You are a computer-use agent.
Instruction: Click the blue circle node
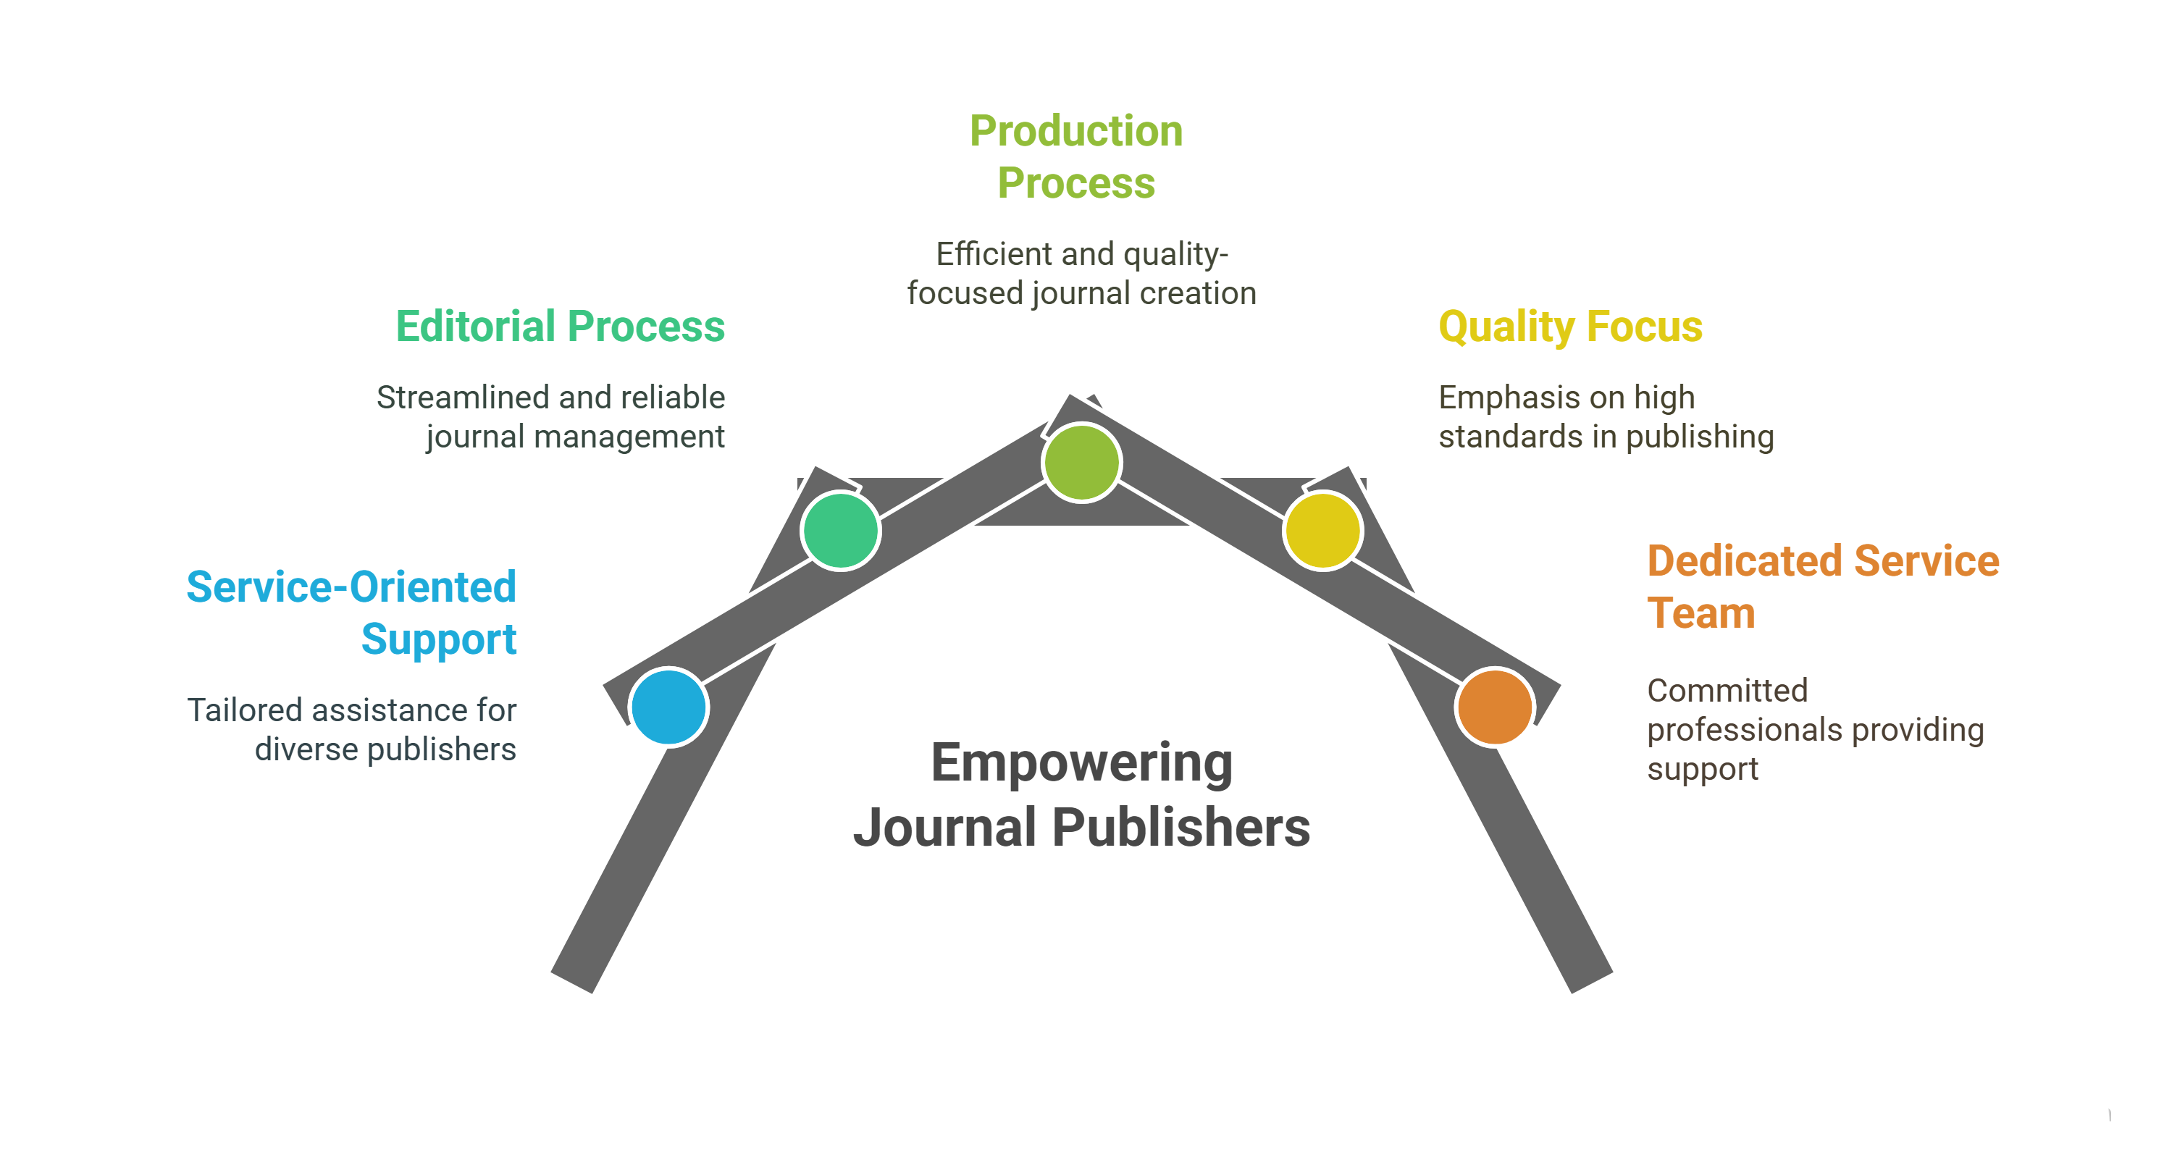point(668,707)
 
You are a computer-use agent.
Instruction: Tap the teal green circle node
point(840,531)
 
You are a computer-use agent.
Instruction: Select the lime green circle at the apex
point(1081,463)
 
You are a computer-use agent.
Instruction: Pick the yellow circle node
point(1322,531)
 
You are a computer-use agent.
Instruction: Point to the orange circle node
point(1496,707)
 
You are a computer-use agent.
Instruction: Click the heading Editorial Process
point(560,327)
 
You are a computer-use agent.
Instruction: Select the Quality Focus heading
point(1570,327)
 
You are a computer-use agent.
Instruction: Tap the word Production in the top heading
point(1076,131)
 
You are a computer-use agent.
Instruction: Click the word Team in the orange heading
point(1700,613)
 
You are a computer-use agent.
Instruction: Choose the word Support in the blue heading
point(438,640)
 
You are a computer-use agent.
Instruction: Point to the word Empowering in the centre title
point(1081,763)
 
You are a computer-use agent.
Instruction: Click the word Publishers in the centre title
point(1180,828)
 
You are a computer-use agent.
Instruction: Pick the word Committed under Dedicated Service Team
point(1727,690)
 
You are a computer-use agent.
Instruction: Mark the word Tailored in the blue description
point(243,710)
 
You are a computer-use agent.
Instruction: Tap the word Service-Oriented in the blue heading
point(351,587)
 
